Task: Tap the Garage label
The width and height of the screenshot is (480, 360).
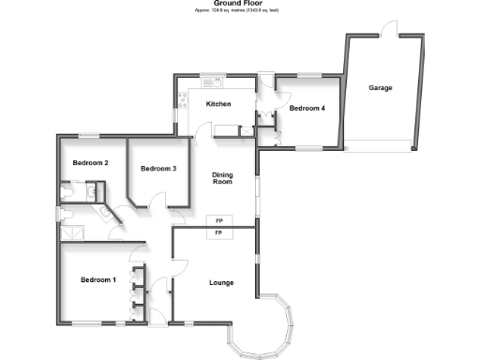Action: [x=380, y=87]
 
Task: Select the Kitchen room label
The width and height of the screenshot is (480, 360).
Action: [x=217, y=104]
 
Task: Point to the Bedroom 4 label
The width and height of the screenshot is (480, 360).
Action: [x=307, y=109]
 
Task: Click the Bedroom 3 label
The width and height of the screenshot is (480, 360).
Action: [x=158, y=169]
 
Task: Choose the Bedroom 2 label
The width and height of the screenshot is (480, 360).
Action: [x=91, y=163]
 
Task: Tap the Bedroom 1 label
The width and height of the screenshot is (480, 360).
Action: [x=97, y=280]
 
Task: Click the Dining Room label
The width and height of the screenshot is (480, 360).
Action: [x=221, y=179]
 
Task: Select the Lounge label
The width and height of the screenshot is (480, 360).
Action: [x=220, y=282]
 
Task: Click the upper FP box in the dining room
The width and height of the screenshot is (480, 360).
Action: [x=219, y=220]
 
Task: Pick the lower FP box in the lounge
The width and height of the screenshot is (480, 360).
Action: [x=219, y=232]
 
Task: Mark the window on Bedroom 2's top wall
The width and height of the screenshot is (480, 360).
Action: [x=90, y=135]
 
